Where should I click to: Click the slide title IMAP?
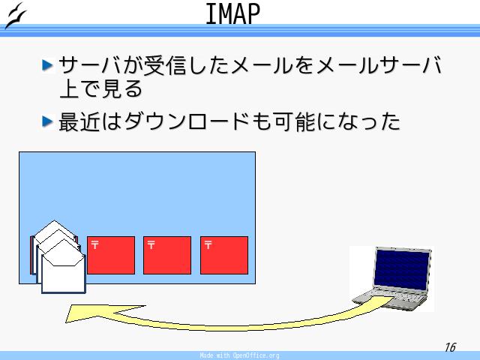click(232, 13)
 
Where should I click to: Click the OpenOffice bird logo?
click(16, 15)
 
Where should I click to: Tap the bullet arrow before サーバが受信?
click(47, 65)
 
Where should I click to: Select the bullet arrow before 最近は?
click(47, 121)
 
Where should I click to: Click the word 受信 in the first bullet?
click(165, 65)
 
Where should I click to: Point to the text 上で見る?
click(100, 89)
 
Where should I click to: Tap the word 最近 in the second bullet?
click(79, 121)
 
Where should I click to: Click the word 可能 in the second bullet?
click(295, 121)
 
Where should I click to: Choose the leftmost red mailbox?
click(111, 255)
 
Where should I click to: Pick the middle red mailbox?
click(167, 255)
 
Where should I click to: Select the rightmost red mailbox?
click(224, 255)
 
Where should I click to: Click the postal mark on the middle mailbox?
click(151, 245)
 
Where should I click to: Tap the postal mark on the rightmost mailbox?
click(208, 245)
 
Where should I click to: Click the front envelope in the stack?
click(63, 266)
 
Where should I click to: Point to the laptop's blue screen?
click(401, 269)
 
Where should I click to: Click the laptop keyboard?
click(395, 298)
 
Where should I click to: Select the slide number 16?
click(450, 347)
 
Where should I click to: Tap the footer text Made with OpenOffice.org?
click(239, 355)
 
